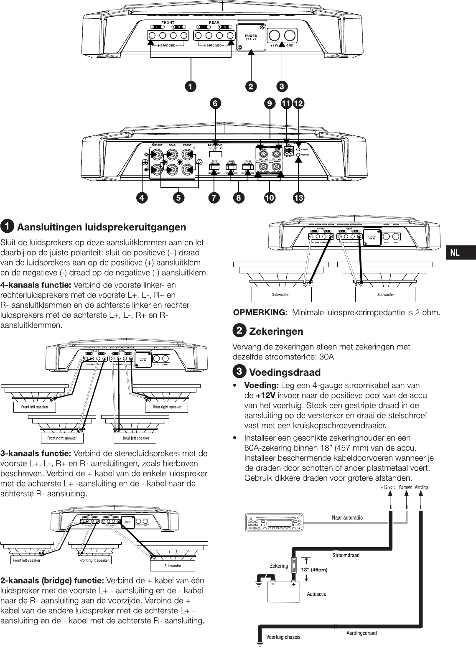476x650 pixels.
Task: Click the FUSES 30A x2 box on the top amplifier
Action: click(x=251, y=37)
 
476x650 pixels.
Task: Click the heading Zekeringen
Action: click(x=276, y=331)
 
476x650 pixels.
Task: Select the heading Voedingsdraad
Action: click(x=285, y=372)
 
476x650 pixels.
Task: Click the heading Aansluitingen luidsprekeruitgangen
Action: click(x=101, y=227)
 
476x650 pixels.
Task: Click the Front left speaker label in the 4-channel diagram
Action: click(x=35, y=407)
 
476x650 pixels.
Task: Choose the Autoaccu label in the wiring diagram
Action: click(x=316, y=594)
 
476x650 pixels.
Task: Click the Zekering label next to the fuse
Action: click(x=279, y=566)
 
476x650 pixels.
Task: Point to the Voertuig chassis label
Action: click(x=283, y=637)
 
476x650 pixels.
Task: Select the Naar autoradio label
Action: click(x=347, y=517)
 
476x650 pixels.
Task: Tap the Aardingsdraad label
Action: click(x=361, y=633)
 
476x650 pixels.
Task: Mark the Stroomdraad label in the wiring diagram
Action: click(x=346, y=555)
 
